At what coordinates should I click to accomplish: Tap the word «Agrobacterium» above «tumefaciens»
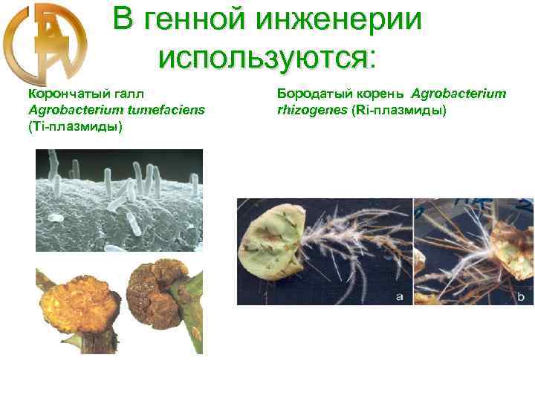click(71, 110)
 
